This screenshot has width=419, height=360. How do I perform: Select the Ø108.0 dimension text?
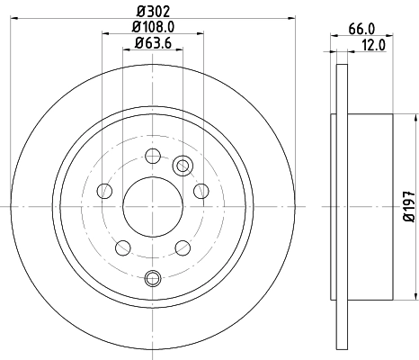pos(151,27)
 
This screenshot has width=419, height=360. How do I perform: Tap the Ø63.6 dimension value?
pos(151,43)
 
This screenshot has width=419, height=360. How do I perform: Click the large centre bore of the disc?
pos(151,206)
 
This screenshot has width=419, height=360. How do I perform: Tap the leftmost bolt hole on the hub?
pos(104,190)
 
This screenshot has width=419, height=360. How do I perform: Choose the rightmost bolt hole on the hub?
pos(200,190)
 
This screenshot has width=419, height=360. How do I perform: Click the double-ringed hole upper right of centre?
pos(184,165)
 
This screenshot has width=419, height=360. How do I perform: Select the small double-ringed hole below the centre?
pos(151,277)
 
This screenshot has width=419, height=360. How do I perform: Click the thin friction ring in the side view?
pos(341,206)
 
